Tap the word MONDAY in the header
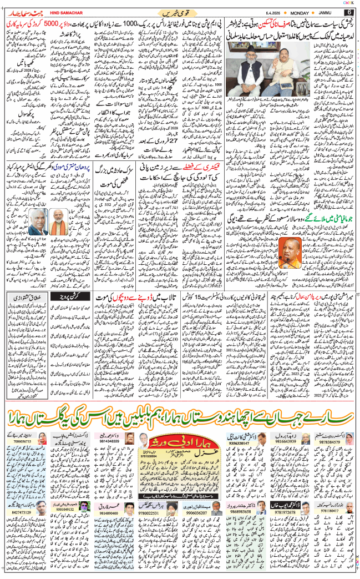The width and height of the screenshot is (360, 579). [x=303, y=12]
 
